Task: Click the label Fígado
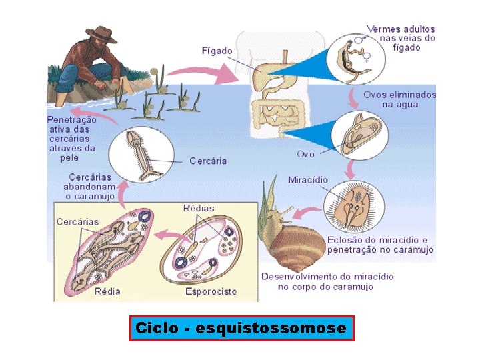tap(217, 51)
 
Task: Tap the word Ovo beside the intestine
tap(305, 154)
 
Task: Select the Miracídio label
tap(307, 179)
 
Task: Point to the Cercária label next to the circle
tap(208, 161)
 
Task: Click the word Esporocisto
tap(211, 291)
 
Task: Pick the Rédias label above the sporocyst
tap(199, 208)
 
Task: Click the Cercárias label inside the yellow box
tap(77, 221)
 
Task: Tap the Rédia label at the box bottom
tap(107, 291)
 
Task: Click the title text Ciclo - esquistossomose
tap(241, 329)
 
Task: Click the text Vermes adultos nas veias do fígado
tap(401, 38)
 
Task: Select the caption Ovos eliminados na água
tap(399, 99)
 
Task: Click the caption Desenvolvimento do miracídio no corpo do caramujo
tap(327, 281)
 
